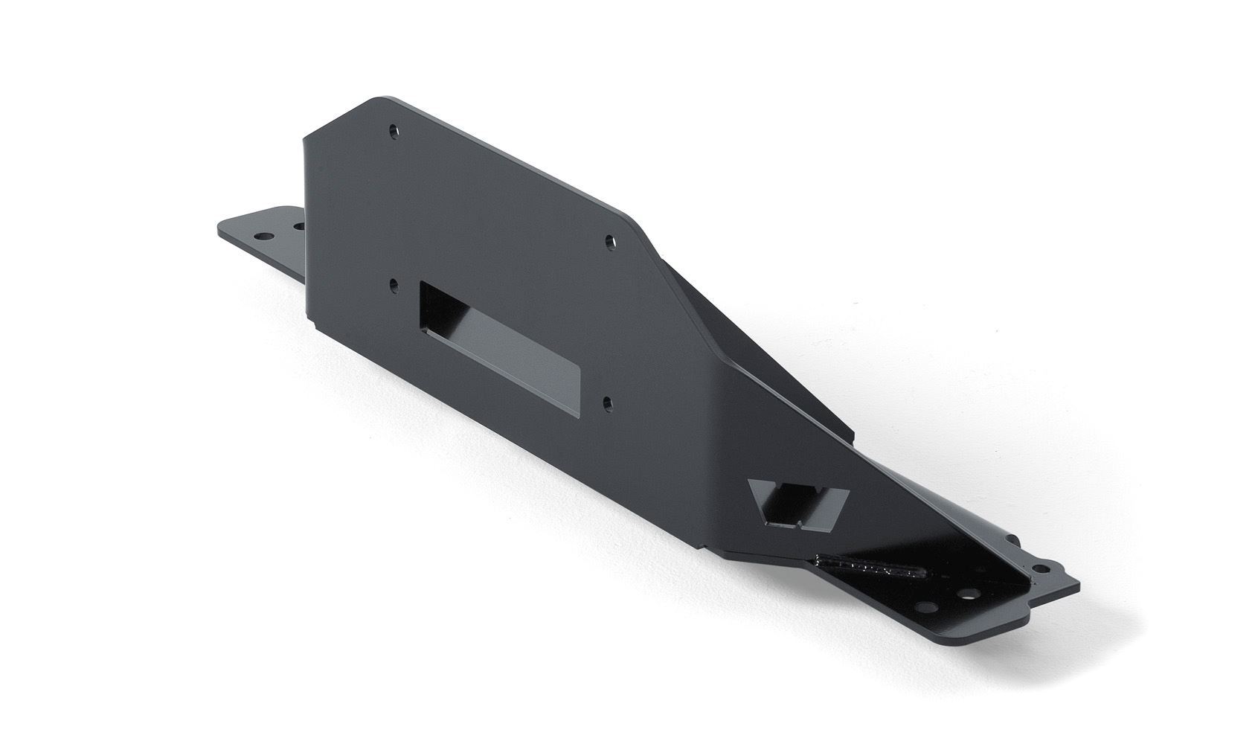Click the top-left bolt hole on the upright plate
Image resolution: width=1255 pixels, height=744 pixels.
(x=394, y=131)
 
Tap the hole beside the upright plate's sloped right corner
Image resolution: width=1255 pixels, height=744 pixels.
(x=610, y=241)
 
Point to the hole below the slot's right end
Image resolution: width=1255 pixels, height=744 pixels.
(x=608, y=403)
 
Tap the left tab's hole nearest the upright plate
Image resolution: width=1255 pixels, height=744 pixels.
(x=298, y=224)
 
